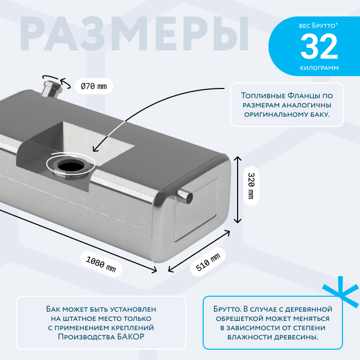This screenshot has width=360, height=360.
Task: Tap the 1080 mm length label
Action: point(101,261)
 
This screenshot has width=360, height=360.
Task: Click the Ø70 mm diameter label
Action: point(94,86)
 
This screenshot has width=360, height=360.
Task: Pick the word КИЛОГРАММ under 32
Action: point(319,68)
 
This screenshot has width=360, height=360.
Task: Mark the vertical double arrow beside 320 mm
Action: point(237,189)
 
